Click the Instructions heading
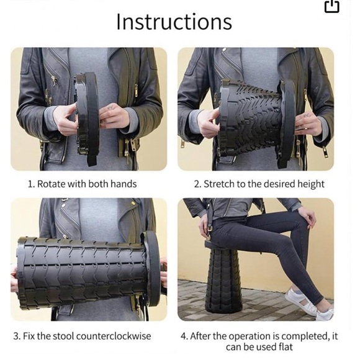(x=174, y=22)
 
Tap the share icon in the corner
(x=332, y=6)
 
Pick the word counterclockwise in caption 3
(x=114, y=336)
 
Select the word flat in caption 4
(x=286, y=347)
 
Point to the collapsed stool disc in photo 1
(x=88, y=117)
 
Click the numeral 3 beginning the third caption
(x=16, y=336)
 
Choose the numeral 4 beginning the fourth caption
(x=184, y=336)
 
